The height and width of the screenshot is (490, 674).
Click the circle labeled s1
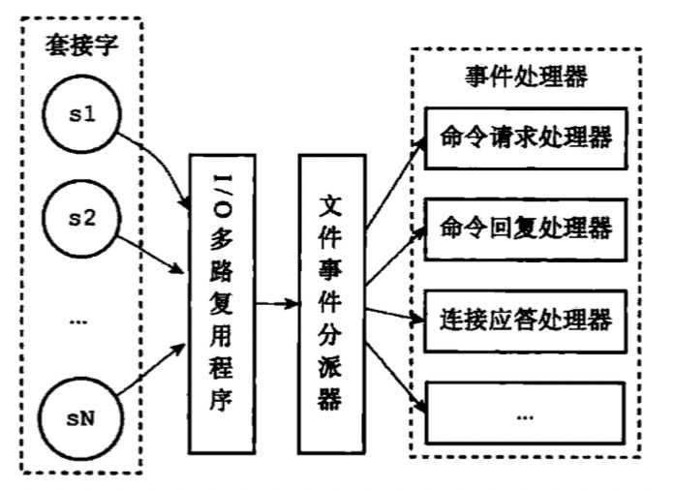click(80, 116)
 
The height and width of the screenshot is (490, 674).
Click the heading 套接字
click(80, 46)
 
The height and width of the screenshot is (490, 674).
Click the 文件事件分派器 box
click(330, 302)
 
